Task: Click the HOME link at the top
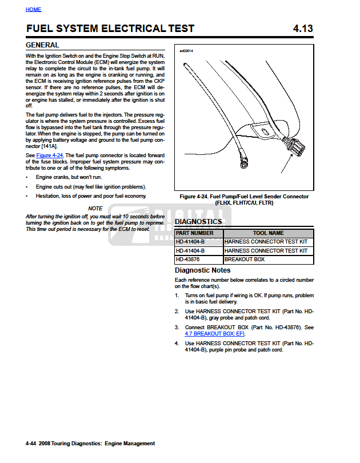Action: (34, 10)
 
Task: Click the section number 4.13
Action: (303, 29)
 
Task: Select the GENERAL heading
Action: (42, 45)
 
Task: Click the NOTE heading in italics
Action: (95, 209)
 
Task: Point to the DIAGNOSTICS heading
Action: (198, 222)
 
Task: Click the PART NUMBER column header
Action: (195, 233)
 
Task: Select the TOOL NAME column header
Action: (268, 233)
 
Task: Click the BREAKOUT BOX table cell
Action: (245, 260)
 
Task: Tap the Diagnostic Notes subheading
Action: (202, 270)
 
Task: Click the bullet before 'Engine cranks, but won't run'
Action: (28, 178)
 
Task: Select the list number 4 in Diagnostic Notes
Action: (177, 344)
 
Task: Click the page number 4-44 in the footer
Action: (32, 443)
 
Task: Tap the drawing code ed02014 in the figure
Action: (187, 51)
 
